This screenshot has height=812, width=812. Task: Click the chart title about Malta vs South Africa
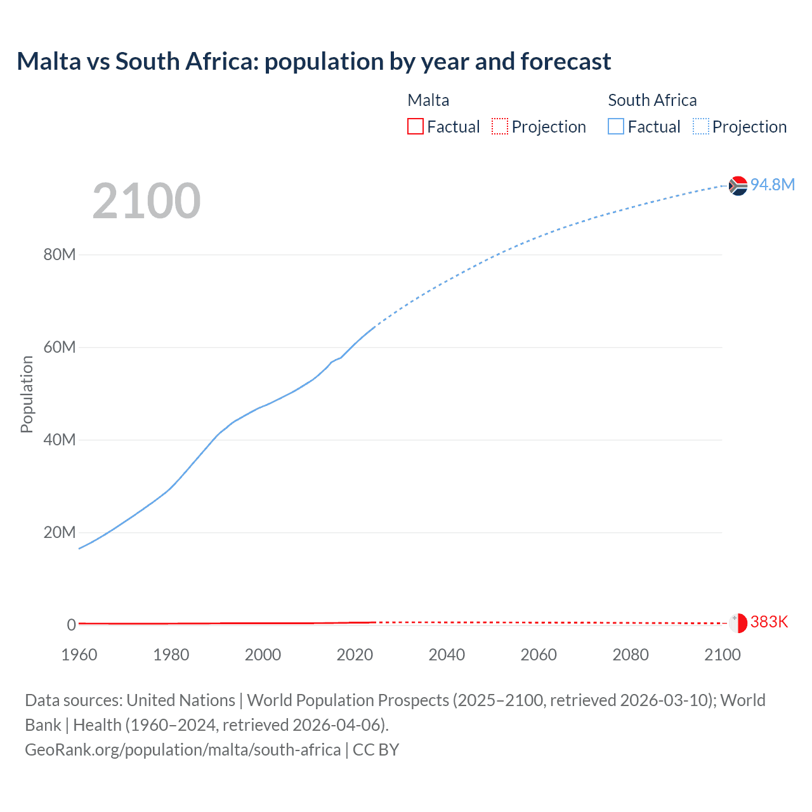[313, 62]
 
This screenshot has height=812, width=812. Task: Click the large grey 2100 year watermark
[147, 201]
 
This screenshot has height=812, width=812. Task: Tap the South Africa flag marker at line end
[738, 185]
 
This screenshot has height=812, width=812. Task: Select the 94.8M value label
[772, 185]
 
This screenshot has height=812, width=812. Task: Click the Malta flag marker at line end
[738, 623]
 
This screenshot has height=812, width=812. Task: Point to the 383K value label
[769, 622]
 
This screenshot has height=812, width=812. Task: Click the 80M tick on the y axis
[60, 255]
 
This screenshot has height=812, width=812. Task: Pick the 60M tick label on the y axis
[60, 348]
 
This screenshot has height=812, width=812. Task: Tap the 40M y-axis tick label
[60, 440]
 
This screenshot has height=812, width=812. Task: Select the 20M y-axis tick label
[60, 532]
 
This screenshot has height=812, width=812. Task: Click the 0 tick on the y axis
[71, 625]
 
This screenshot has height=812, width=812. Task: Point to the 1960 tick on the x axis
[79, 655]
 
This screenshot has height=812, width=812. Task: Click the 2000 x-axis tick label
[263, 655]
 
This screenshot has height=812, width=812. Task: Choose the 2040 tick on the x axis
[447, 655]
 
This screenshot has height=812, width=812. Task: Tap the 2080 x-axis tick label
[631, 655]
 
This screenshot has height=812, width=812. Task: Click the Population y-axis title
[27, 394]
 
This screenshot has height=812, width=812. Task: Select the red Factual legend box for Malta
[416, 127]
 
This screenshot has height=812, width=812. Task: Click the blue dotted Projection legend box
[701, 127]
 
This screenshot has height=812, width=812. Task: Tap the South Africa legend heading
[652, 100]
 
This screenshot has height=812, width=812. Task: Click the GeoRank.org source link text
[183, 750]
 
